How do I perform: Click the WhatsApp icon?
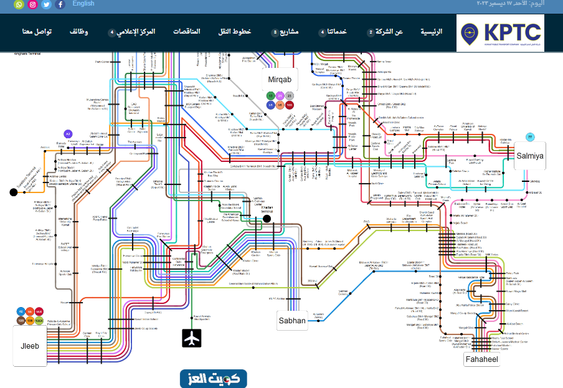pos(19,4)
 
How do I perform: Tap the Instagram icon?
pos(33,4)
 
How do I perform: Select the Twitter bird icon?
pos(46,4)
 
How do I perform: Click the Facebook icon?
pos(60,4)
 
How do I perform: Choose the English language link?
pos(83,4)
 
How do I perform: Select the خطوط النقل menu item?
pos(237,31)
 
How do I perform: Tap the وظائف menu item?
pos(78,31)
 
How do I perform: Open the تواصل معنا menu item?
pos(37,31)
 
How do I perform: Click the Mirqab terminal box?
pos(280,80)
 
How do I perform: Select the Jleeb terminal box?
pos(30,345)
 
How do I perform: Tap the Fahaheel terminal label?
pos(481,360)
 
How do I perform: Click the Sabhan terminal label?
pos(291,321)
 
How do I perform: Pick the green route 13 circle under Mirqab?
pos(270,96)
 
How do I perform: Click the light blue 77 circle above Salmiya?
pos(530,137)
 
